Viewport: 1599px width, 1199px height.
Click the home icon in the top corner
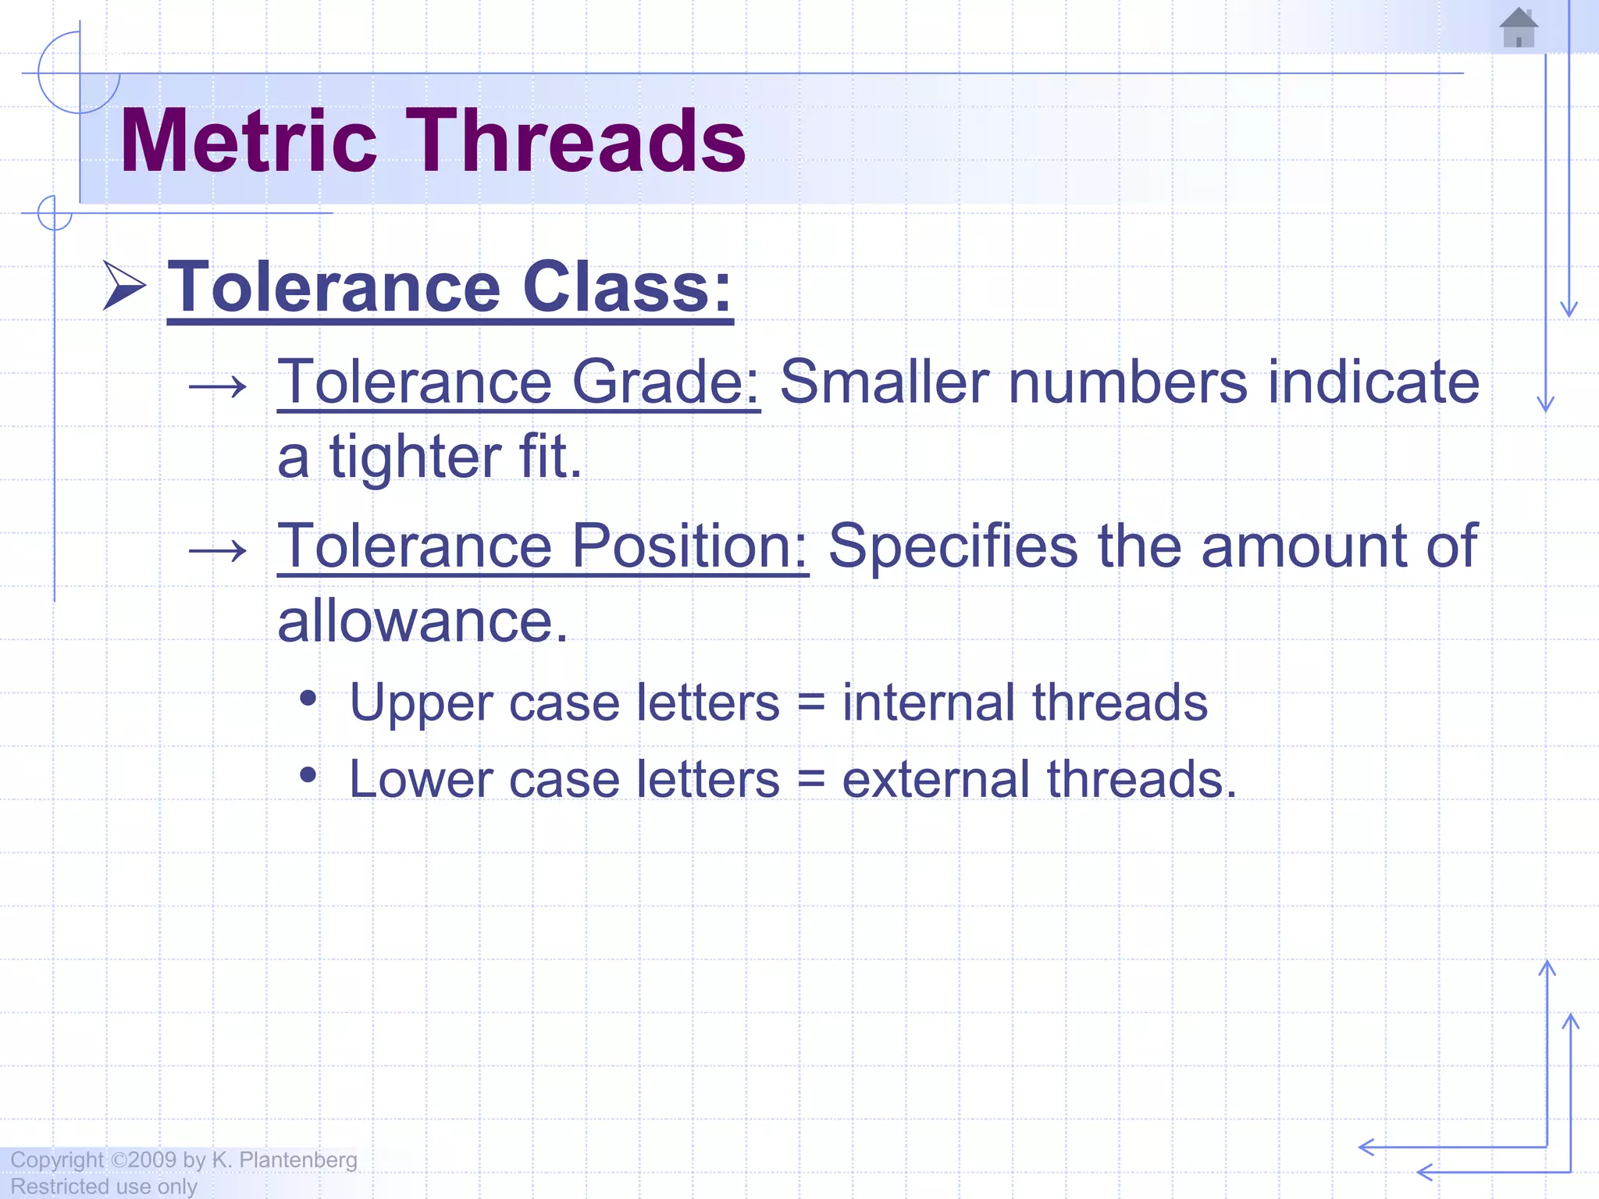click(x=1519, y=28)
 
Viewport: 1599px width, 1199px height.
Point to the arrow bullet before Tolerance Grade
click(x=218, y=386)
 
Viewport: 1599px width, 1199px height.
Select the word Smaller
click(x=884, y=382)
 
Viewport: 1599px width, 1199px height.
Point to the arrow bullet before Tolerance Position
click(x=218, y=551)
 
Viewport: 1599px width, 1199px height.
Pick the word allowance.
click(x=422, y=622)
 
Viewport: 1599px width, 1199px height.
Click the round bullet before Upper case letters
click(x=308, y=698)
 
